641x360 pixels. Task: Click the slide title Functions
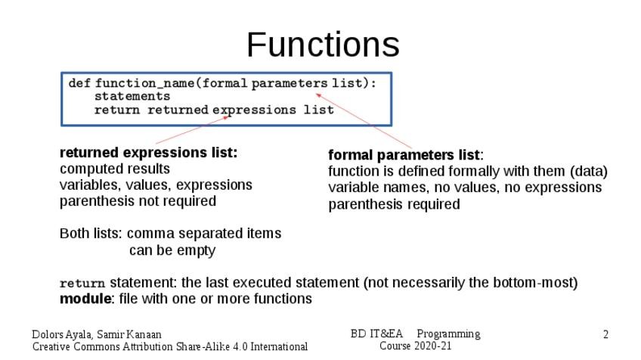[x=323, y=45]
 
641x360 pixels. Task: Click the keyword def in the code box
[x=79, y=83]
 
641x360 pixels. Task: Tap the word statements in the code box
[x=132, y=97]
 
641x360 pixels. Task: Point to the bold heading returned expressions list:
[x=149, y=153]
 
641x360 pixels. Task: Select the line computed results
[x=115, y=169]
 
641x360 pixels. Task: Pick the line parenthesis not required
[x=138, y=201]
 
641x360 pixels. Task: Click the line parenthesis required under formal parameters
[x=394, y=204]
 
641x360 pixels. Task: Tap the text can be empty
[x=172, y=250]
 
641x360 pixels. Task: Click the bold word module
[x=85, y=299]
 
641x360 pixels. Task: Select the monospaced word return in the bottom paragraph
[x=82, y=284]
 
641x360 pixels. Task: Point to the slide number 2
[x=605, y=334]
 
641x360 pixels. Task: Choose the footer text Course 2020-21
[x=415, y=346]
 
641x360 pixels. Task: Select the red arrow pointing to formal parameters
[x=363, y=121]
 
